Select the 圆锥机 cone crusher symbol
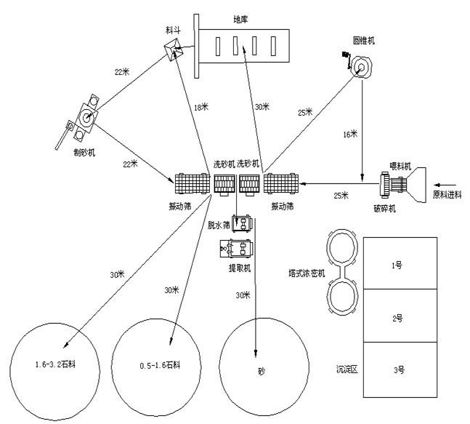360,68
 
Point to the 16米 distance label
350,134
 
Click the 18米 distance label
201,108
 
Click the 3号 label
399,370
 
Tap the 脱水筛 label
219,225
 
